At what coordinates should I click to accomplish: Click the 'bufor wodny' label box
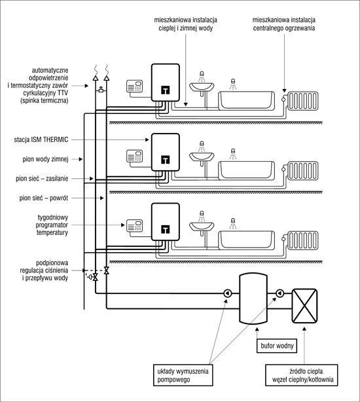pyautogui.click(x=277, y=346)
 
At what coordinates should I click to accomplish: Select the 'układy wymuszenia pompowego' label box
pyautogui.click(x=183, y=375)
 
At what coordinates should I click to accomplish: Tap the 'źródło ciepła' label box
pyautogui.click(x=302, y=375)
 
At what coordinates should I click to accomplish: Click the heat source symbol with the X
pyautogui.click(x=304, y=306)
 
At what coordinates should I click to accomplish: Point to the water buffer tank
pyautogui.click(x=253, y=299)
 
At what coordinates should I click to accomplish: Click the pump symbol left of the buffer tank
pyautogui.click(x=228, y=293)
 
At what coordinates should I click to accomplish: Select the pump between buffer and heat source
pyautogui.click(x=279, y=293)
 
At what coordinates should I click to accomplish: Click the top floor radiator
pyautogui.click(x=302, y=101)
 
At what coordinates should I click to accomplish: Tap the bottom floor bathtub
pyautogui.click(x=246, y=240)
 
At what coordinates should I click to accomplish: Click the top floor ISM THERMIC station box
pyautogui.click(x=165, y=82)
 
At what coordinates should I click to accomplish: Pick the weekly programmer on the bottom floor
pyautogui.click(x=135, y=226)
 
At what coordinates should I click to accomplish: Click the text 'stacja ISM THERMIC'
pyautogui.click(x=41, y=139)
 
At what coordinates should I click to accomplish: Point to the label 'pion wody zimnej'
pyautogui.click(x=45, y=159)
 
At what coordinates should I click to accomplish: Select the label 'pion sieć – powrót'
pyautogui.click(x=44, y=198)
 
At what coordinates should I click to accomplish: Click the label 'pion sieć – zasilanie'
pyautogui.click(x=42, y=179)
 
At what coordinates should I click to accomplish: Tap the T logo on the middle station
pyautogui.click(x=165, y=160)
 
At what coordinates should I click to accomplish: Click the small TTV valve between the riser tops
pyautogui.click(x=101, y=90)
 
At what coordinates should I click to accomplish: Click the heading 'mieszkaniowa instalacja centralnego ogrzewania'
pyautogui.click(x=284, y=24)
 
